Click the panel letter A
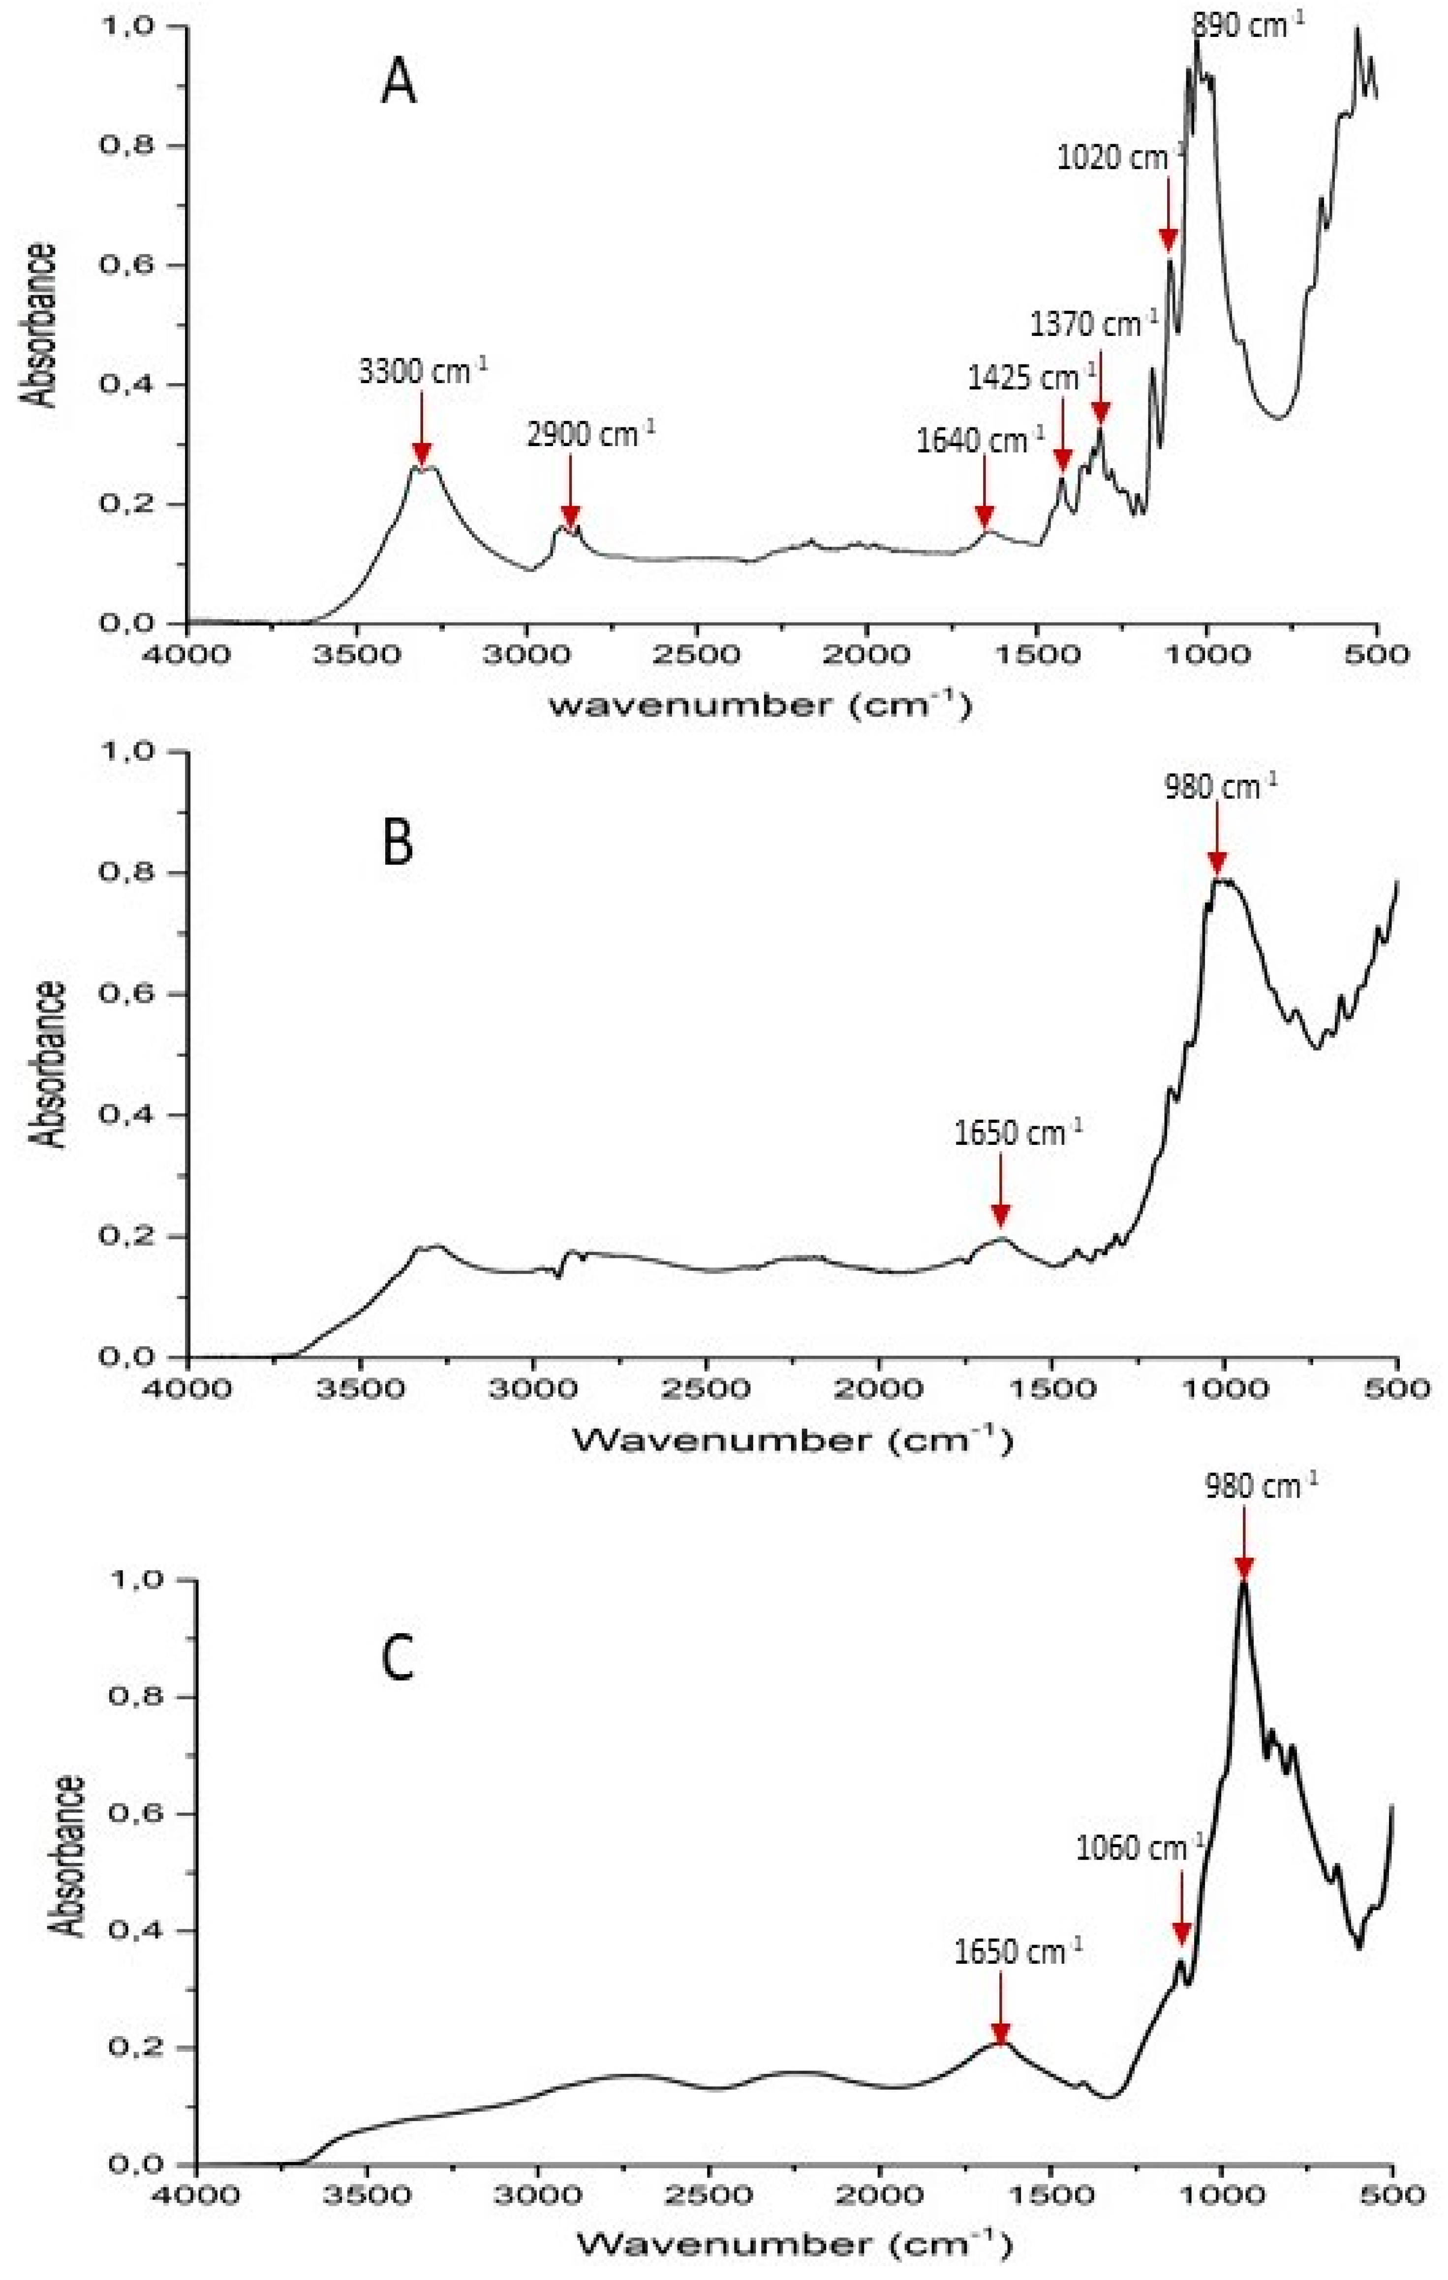(x=398, y=83)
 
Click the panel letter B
(x=398, y=842)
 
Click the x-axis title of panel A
(x=760, y=705)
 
